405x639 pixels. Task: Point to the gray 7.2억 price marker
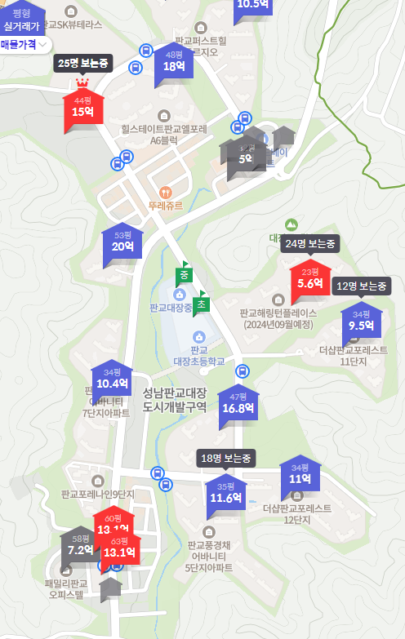(x=81, y=549)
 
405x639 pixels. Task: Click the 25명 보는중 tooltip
(x=82, y=63)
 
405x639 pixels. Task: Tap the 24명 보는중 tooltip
(x=310, y=243)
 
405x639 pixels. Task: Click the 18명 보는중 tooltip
(x=227, y=458)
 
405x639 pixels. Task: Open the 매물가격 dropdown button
(x=25, y=45)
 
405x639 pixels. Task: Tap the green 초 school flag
(x=202, y=304)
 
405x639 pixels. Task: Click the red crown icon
(x=82, y=83)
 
